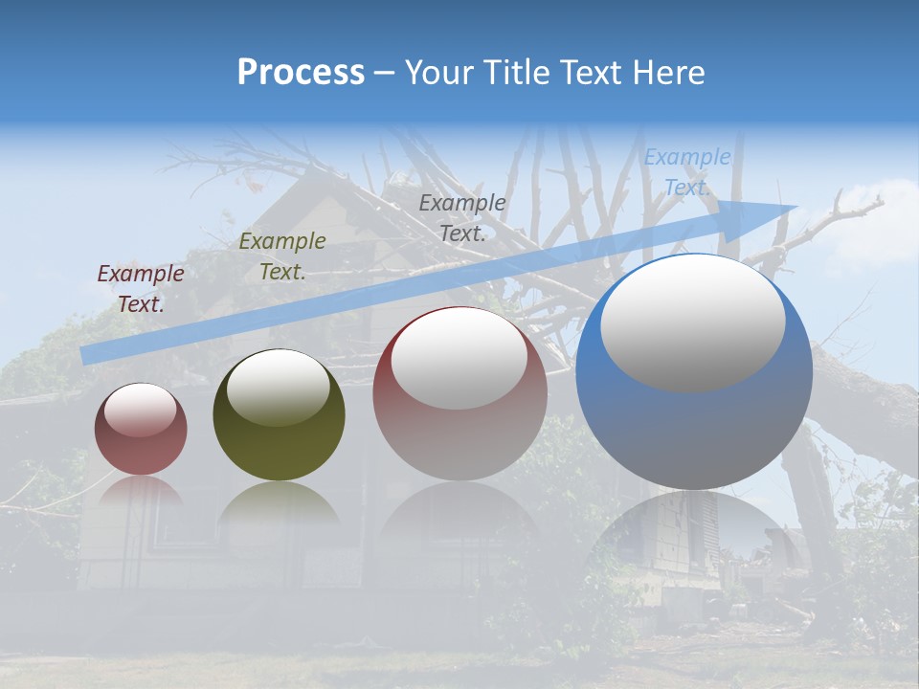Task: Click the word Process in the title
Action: pyautogui.click(x=301, y=73)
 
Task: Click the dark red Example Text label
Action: pyautogui.click(x=141, y=289)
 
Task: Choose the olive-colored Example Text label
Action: pyautogui.click(x=282, y=256)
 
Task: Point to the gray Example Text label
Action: pyautogui.click(x=462, y=217)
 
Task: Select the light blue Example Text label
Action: pyautogui.click(x=687, y=172)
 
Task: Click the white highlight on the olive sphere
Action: pyautogui.click(x=279, y=388)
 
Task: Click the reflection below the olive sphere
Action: pyautogui.click(x=279, y=507)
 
